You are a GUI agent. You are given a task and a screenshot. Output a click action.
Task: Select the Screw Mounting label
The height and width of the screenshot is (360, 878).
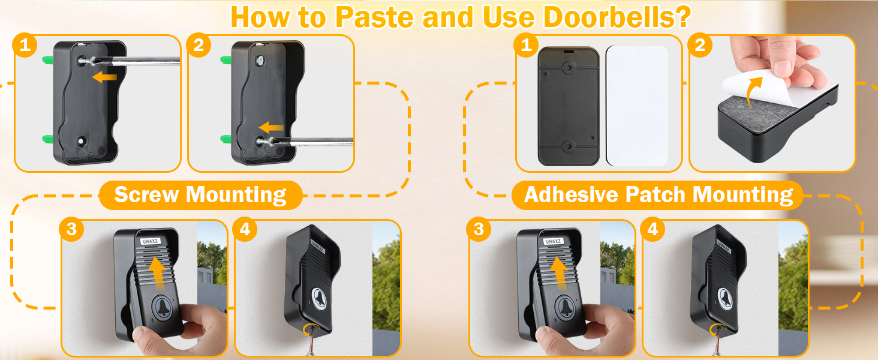tap(200, 195)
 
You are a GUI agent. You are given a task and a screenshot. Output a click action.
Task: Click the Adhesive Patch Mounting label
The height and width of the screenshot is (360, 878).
tap(658, 195)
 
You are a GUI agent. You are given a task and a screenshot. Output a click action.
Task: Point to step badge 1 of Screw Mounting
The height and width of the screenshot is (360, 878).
tap(25, 46)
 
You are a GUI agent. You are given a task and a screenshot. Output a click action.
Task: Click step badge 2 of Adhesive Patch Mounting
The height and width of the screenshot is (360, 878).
tap(700, 46)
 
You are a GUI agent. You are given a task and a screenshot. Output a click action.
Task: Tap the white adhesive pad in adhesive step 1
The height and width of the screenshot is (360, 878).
tap(636, 105)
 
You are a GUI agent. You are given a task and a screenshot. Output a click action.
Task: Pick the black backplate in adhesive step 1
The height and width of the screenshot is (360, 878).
tap(568, 106)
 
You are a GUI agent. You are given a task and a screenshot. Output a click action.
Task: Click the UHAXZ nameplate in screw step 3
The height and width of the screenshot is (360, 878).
tap(148, 241)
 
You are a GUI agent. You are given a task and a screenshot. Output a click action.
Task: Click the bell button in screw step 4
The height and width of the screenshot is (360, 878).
tap(318, 298)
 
